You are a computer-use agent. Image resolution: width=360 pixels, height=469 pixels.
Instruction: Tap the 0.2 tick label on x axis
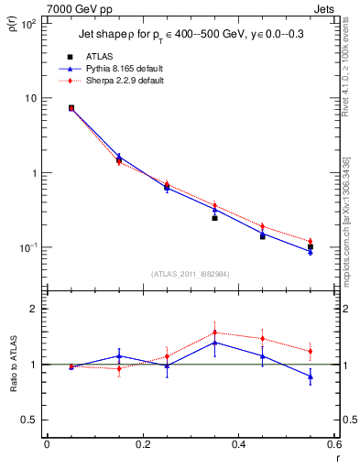pyautogui.click(x=142, y=445)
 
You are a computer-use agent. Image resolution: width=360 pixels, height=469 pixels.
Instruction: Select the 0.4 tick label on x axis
pyautogui.click(x=238, y=445)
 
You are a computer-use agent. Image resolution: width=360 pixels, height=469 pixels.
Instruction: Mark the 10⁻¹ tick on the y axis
pyautogui.click(x=28, y=248)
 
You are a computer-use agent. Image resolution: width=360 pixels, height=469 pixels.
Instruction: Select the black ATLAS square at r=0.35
pyautogui.click(x=214, y=218)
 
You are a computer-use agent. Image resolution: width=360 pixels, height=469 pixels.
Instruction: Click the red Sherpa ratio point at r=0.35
pyautogui.click(x=214, y=333)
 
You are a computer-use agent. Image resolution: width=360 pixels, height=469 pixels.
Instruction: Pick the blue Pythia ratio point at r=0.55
pyautogui.click(x=311, y=376)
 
